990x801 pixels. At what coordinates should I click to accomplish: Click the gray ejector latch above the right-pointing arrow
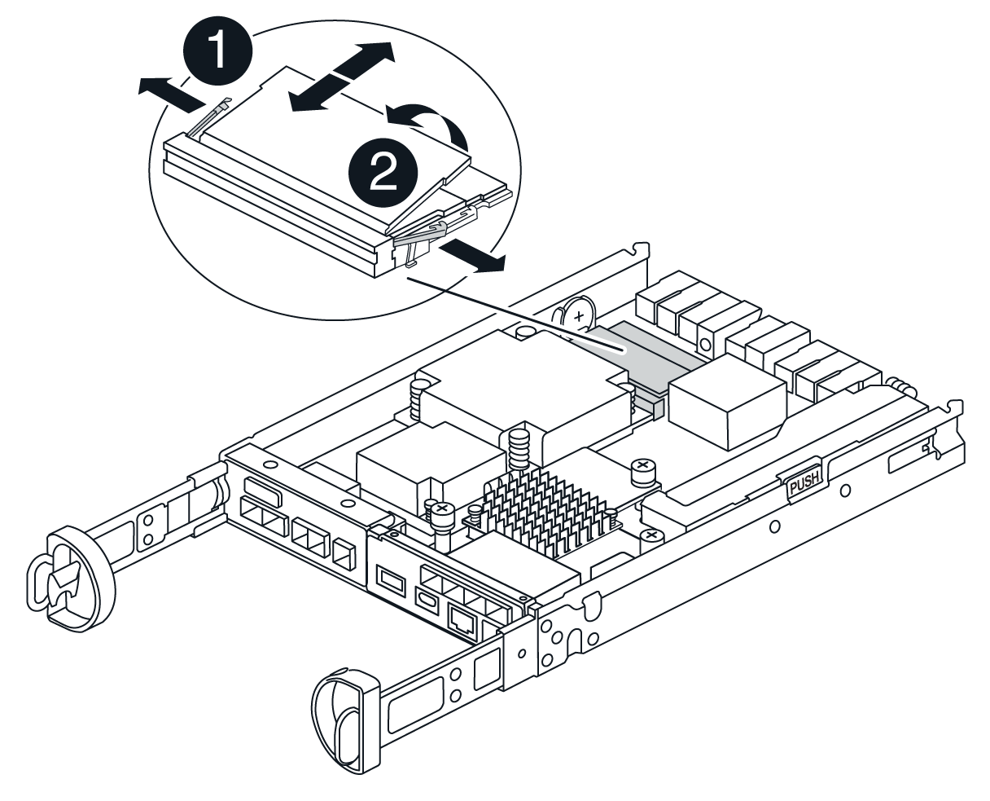tap(420, 232)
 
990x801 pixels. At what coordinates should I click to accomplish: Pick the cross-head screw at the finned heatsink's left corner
tap(442, 512)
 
